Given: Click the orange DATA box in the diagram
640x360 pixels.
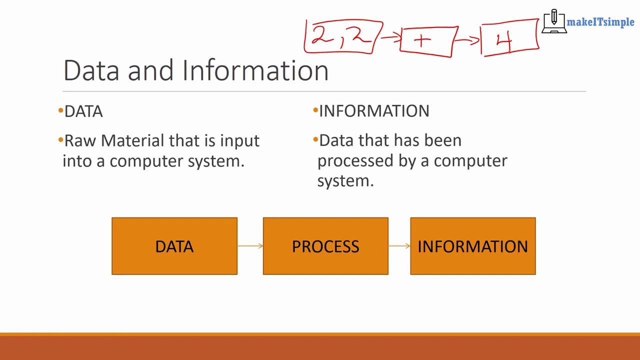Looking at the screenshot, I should coord(174,246).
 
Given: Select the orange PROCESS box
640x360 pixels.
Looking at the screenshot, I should coord(325,246).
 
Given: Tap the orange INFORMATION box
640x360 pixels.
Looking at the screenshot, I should coord(472,246).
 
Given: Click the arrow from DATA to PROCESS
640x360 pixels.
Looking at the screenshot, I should coord(250,245).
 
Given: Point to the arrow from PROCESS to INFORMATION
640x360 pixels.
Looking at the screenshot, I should coord(399,245).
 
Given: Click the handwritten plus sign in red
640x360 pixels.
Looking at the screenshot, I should coord(422,41).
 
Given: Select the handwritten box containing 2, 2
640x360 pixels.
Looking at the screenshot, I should coord(342,36).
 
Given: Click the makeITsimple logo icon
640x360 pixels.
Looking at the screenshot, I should coord(554,21).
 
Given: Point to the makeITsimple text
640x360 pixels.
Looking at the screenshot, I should coord(600,22).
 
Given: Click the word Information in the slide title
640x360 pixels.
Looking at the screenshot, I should coord(255,70).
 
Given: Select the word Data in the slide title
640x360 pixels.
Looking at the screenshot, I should coord(91,70).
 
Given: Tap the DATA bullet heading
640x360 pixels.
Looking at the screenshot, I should coord(83,111).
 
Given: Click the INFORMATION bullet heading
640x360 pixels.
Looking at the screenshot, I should coord(374,111).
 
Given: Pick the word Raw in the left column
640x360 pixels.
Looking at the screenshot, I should coord(80,140).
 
